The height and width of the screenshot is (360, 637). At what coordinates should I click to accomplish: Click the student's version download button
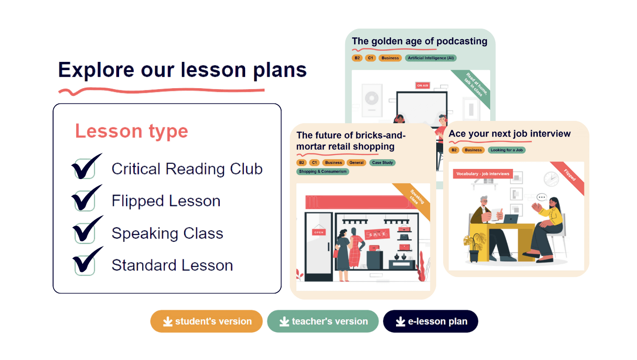pos(206,321)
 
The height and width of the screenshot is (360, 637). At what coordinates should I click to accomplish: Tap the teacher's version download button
pos(323,321)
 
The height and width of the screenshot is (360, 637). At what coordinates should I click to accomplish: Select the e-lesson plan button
pos(431,321)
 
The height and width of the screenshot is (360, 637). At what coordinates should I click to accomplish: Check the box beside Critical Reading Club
pos(85,168)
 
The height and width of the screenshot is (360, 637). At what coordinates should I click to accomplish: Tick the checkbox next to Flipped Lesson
pos(85,201)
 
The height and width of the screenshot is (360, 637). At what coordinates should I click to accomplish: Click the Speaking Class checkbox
pos(85,233)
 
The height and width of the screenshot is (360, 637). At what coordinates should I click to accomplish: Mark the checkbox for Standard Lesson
pos(85,265)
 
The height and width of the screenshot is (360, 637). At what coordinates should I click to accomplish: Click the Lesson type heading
pos(132,132)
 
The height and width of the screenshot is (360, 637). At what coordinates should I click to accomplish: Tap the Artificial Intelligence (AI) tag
pos(431,58)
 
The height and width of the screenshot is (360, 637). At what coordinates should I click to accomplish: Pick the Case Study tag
pos(383,162)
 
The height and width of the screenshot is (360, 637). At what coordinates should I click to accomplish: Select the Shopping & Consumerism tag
pos(323,172)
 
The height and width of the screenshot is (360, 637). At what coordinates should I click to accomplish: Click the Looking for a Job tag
pos(507,150)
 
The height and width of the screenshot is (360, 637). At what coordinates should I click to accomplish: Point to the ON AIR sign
pos(422,85)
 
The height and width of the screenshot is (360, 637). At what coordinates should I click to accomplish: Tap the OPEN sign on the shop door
pos(319,232)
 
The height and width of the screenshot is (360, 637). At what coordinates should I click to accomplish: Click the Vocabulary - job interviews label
pos(483,174)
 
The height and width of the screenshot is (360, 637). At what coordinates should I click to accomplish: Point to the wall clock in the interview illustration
pos(551,179)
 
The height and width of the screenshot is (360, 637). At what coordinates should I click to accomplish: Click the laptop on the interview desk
pos(511,219)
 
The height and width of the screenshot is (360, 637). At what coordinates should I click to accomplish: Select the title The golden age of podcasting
pos(420,41)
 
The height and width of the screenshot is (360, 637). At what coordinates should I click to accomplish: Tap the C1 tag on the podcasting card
pos(371,58)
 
